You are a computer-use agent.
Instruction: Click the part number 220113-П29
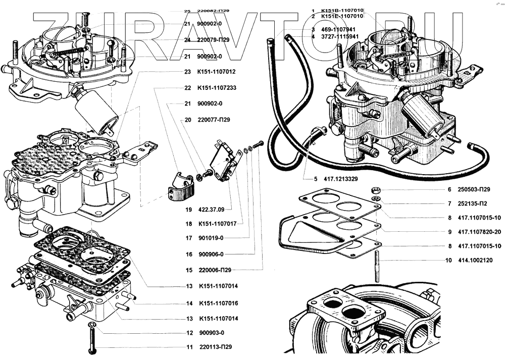tap(216, 347)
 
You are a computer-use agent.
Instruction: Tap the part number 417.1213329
tap(339, 179)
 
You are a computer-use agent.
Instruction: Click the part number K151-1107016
tap(218, 303)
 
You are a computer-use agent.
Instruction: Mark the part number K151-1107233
tap(218, 87)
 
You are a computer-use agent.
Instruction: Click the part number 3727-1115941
tap(342, 37)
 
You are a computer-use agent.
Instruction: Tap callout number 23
tap(187, 72)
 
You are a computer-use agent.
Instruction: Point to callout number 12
tap(189, 333)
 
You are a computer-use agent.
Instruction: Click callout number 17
tap(188, 238)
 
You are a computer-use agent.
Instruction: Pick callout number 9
tap(448, 232)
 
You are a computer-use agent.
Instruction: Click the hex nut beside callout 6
tap(375, 191)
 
